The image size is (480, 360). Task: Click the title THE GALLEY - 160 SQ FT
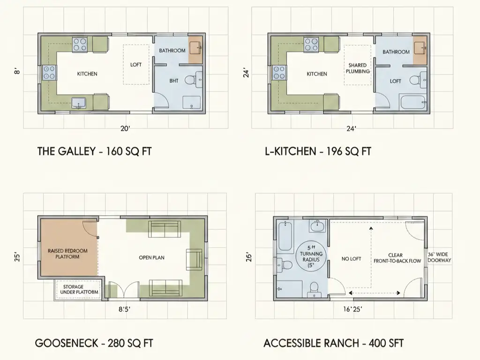click(94, 151)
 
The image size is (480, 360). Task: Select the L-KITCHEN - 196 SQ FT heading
click(317, 151)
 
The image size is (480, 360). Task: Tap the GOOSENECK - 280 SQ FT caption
click(94, 343)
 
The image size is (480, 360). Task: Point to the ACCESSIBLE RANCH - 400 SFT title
click(333, 343)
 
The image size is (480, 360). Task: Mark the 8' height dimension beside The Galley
click(17, 73)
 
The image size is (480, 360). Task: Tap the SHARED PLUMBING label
click(357, 68)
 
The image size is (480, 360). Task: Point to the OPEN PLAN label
click(151, 257)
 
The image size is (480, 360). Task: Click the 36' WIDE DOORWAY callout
click(439, 257)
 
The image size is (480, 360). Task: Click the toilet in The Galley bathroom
click(190, 81)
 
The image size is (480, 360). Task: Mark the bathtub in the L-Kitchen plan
click(412, 101)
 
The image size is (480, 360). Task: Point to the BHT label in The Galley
click(173, 81)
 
